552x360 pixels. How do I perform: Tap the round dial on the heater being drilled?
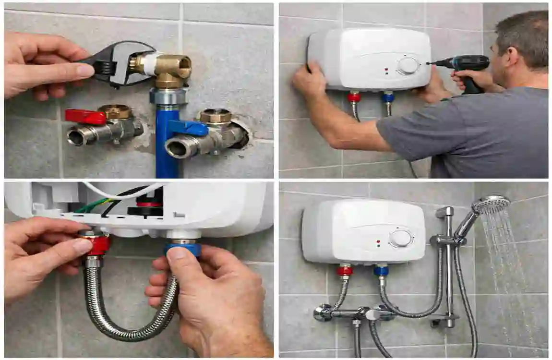(408, 66)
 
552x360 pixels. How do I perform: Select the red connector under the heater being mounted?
(354, 97)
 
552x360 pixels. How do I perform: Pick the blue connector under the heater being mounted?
(388, 97)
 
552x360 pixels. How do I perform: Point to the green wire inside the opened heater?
(91, 206)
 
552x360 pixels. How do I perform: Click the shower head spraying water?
(491, 204)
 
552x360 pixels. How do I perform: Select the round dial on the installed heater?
(400, 238)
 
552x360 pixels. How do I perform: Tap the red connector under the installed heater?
(344, 271)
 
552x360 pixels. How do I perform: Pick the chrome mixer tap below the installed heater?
(355, 313)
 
